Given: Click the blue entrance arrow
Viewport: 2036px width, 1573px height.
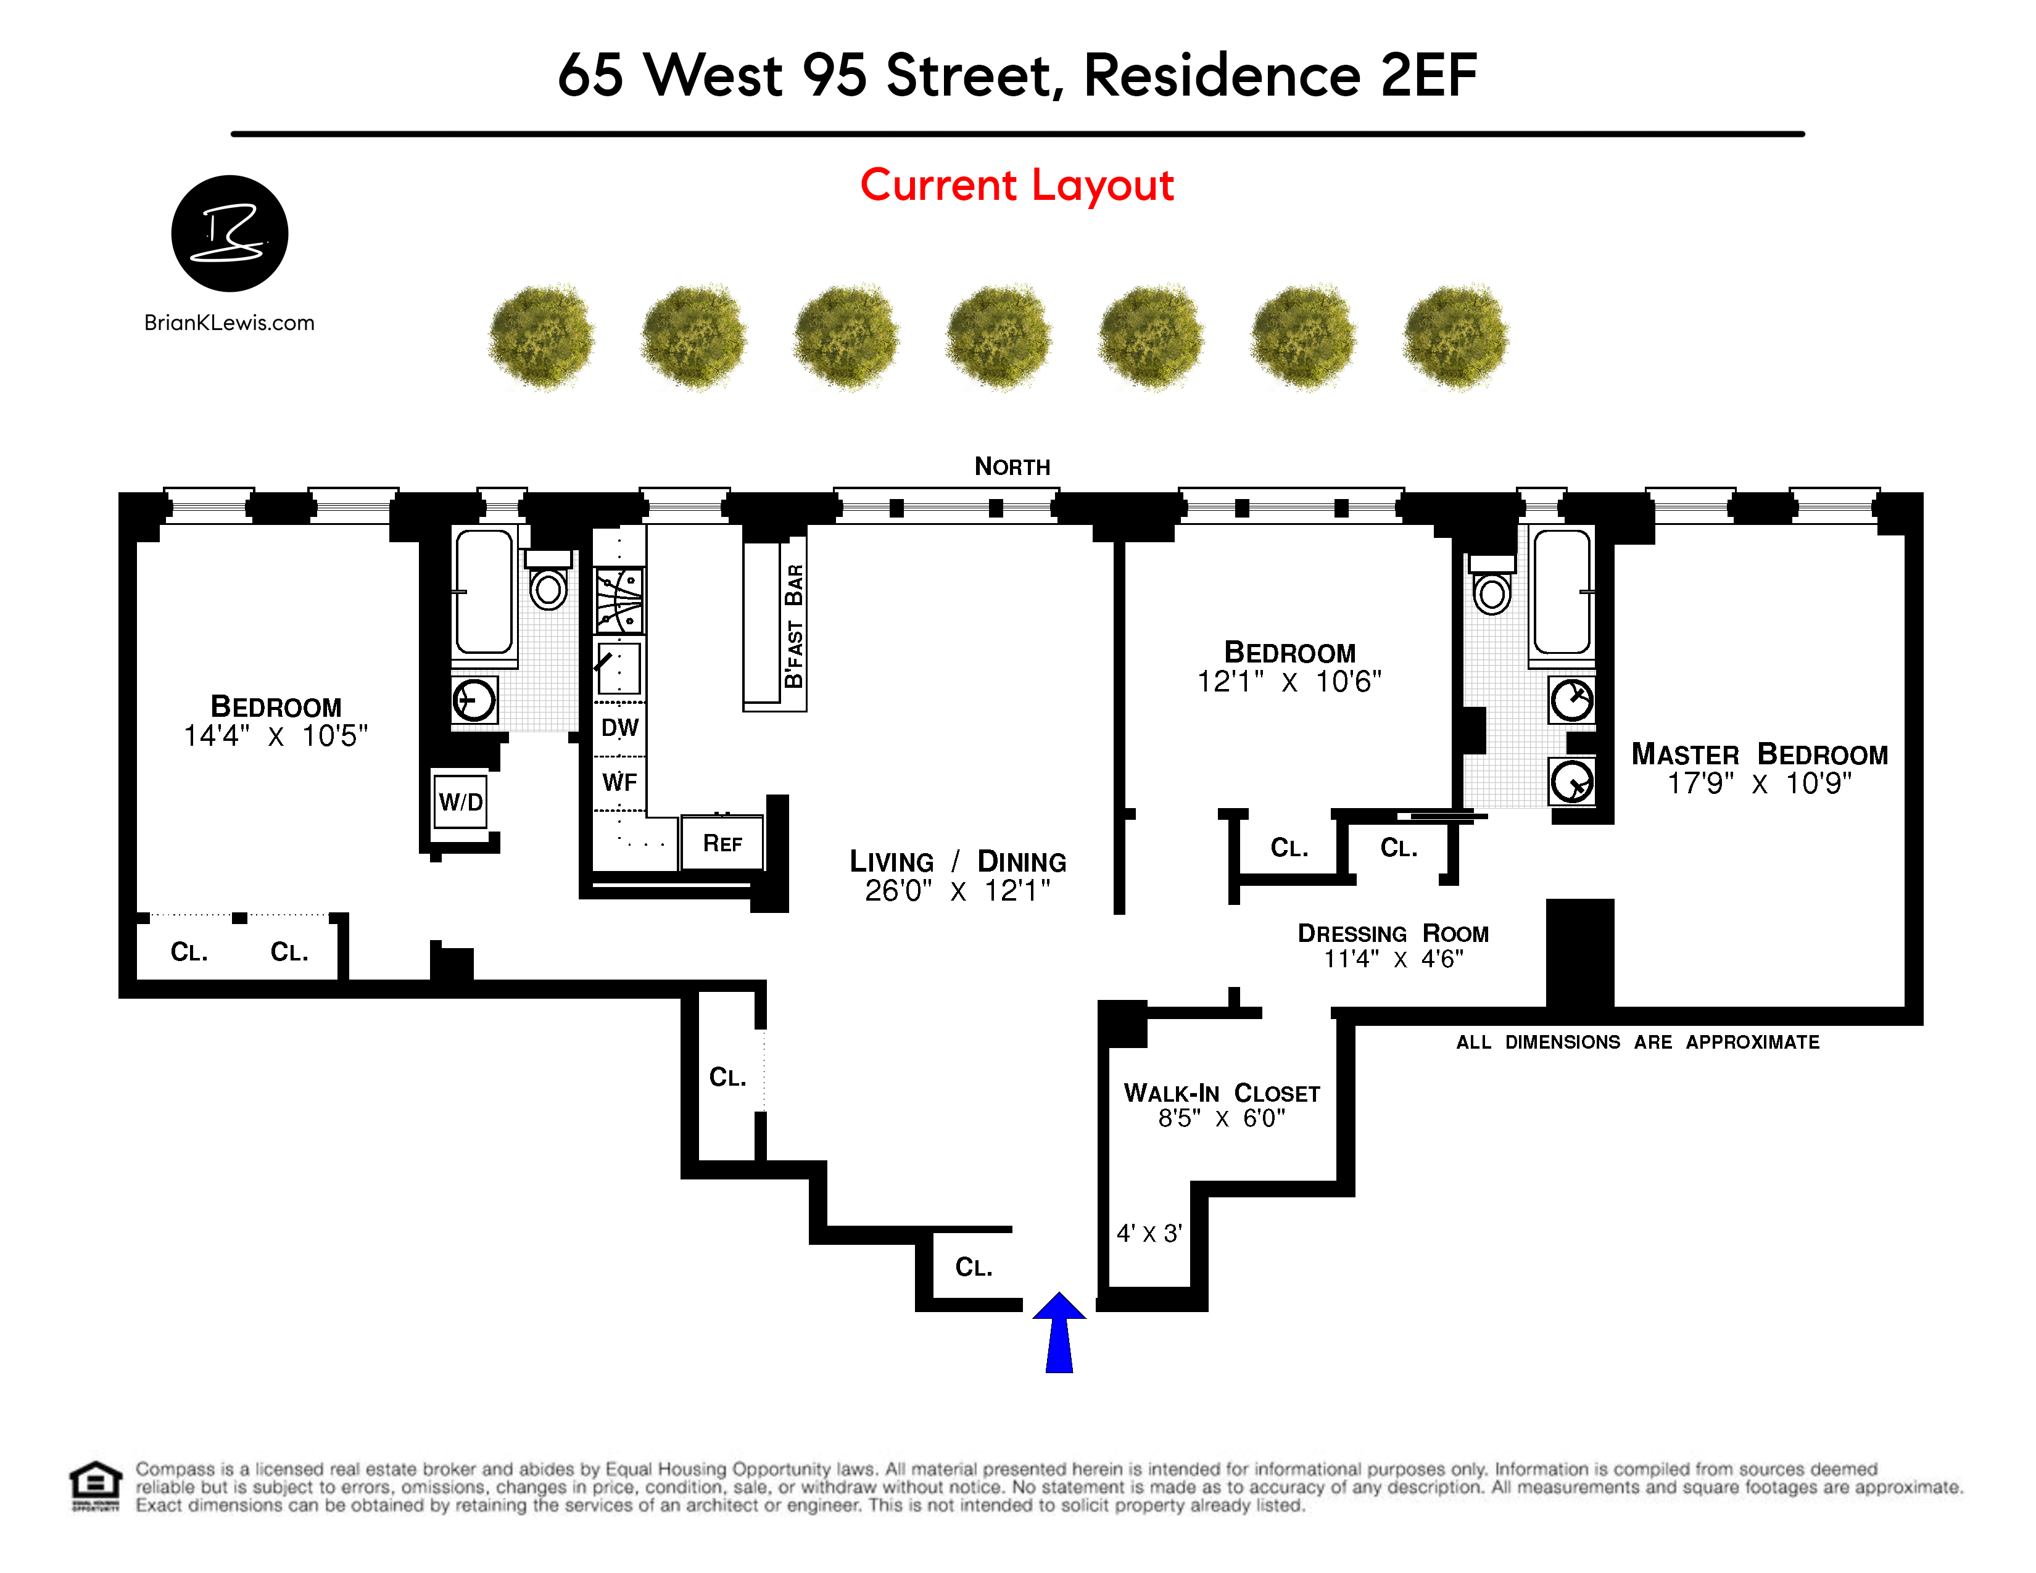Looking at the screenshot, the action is (x=1059, y=1332).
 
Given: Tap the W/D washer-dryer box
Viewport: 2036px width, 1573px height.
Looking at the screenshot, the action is (x=460, y=801).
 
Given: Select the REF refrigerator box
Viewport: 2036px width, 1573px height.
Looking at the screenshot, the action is (x=722, y=843).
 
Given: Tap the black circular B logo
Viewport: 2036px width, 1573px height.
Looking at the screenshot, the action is (x=230, y=233).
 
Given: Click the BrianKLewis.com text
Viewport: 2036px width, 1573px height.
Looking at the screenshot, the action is (x=230, y=323).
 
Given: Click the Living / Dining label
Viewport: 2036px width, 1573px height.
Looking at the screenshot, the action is (x=958, y=861).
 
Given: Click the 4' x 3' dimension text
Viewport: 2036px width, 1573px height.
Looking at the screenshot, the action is (x=1149, y=1233).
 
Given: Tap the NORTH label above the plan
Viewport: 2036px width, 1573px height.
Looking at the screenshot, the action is (x=1012, y=466).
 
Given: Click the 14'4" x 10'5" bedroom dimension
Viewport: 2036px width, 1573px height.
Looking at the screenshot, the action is (x=276, y=736).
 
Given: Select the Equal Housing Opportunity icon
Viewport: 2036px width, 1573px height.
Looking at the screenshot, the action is (x=95, y=1487).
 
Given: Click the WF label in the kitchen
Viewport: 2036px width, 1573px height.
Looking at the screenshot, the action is (x=620, y=782).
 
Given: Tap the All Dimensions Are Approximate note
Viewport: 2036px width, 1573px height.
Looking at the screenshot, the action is (x=1638, y=1042).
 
